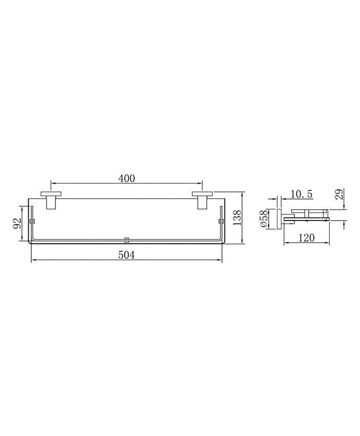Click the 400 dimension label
(x=127, y=178)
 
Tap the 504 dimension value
(x=127, y=255)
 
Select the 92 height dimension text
(x=17, y=223)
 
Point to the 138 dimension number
(x=237, y=217)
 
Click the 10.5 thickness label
(x=302, y=194)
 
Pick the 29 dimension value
(x=338, y=194)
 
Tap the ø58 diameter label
(x=264, y=219)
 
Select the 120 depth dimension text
(x=307, y=237)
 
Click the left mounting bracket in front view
(x=51, y=200)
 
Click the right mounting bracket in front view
(x=202, y=200)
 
